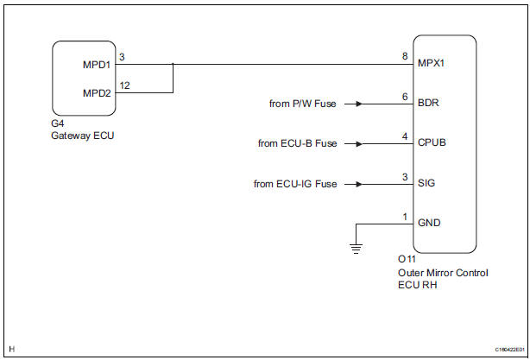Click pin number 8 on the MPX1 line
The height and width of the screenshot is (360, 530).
[404, 56]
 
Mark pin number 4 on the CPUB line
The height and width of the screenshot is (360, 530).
[404, 136]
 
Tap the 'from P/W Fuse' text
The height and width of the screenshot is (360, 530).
[302, 104]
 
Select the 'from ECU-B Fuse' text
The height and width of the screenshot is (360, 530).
[298, 144]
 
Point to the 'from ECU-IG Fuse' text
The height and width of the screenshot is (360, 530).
[295, 184]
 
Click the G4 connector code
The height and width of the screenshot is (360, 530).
[57, 123]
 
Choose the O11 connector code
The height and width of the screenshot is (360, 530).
[406, 260]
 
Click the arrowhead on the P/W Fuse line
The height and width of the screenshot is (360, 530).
[358, 104]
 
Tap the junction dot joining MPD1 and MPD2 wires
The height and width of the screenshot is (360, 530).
[174, 64]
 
